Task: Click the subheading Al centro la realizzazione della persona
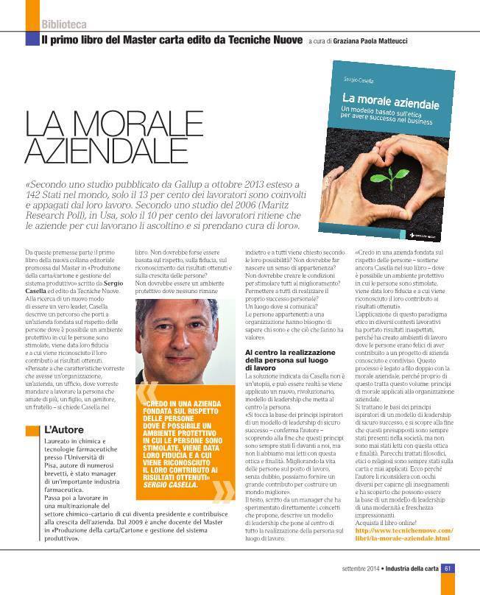pyautogui.click(x=289, y=360)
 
